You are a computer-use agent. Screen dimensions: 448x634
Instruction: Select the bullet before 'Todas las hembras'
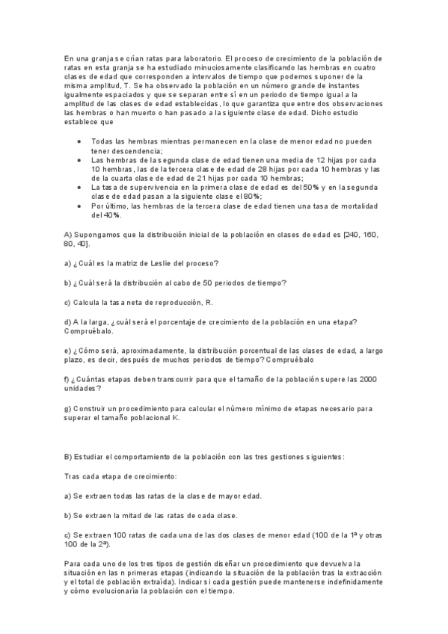80,142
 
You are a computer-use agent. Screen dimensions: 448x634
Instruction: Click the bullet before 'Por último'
80,206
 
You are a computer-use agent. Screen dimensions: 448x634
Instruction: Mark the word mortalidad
360,206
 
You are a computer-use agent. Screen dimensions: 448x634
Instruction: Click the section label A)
68,235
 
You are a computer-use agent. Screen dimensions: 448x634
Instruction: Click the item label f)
67,380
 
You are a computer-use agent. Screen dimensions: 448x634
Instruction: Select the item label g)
68,408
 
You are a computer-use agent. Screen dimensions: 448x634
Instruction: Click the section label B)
68,456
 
